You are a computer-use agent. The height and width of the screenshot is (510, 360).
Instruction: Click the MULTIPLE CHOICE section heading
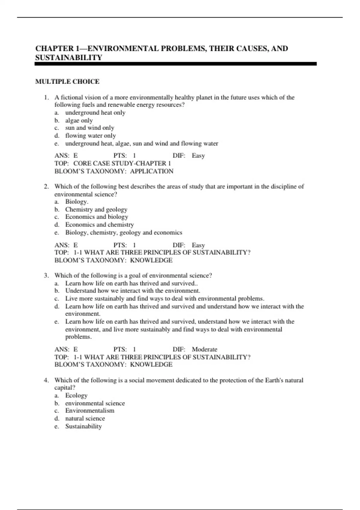(x=67, y=82)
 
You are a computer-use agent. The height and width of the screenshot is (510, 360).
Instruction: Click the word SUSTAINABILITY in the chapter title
(x=69, y=58)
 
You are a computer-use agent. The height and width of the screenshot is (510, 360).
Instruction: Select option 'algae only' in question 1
(x=79, y=121)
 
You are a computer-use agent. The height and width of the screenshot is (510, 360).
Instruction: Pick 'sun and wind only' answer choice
(x=90, y=128)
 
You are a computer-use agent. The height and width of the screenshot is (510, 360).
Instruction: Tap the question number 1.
(x=46, y=97)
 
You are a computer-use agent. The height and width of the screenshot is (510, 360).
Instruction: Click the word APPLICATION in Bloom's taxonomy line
(x=151, y=171)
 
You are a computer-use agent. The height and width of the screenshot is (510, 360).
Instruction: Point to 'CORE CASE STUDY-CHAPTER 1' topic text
(x=122, y=163)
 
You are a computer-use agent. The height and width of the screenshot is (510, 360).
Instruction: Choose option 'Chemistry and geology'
(x=96, y=209)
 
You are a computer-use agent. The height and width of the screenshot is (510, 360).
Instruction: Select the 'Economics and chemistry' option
(x=99, y=225)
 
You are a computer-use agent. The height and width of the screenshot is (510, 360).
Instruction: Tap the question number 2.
(x=46, y=187)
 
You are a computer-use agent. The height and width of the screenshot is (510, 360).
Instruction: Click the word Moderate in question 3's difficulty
(x=204, y=349)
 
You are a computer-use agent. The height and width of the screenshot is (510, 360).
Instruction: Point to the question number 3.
(x=46, y=276)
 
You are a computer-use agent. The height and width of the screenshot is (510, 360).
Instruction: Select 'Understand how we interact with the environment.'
(x=133, y=291)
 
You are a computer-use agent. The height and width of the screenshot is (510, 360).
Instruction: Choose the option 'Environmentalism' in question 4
(x=90, y=411)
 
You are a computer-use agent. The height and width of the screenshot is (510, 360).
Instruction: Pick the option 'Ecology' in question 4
(x=76, y=396)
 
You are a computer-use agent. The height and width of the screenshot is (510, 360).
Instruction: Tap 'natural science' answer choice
(x=85, y=418)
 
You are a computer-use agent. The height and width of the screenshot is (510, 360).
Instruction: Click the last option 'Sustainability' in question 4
(x=83, y=426)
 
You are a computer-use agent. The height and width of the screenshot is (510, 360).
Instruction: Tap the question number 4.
(x=46, y=380)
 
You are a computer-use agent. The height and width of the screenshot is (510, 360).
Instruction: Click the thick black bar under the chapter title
(x=175, y=64)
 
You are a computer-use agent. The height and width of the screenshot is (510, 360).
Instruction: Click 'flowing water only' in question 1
(x=90, y=136)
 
